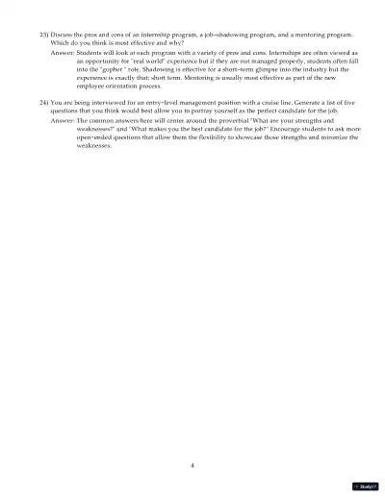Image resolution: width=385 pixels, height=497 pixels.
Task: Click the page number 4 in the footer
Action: (192, 464)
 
